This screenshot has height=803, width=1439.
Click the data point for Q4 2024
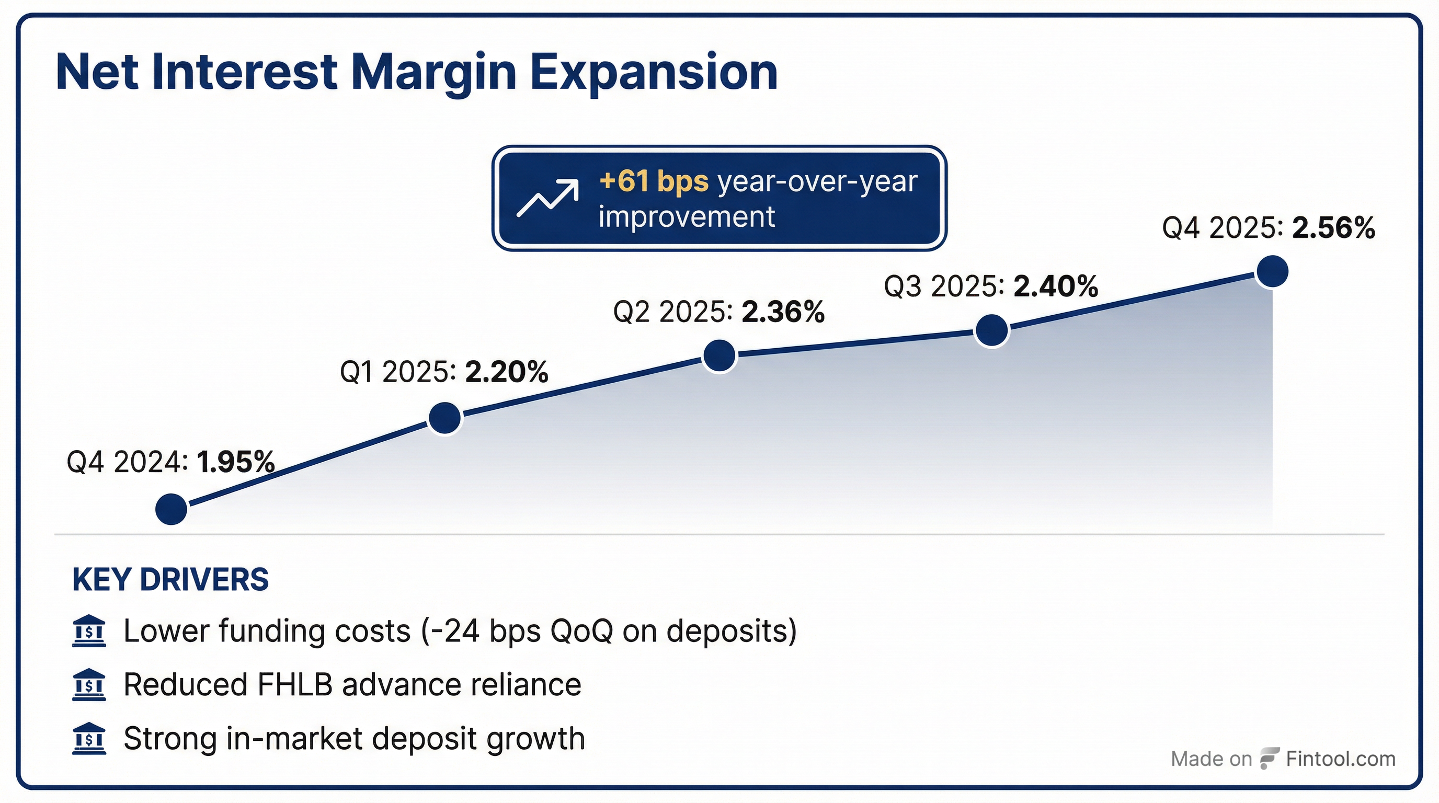coord(171,509)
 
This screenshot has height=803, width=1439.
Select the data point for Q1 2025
coord(444,418)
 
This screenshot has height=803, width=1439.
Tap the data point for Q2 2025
coord(719,355)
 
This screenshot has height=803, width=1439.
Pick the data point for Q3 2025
coord(991,330)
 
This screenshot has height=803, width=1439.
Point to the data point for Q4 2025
coord(1272,272)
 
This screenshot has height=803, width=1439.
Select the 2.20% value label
coord(507,372)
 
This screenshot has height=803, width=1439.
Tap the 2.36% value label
coord(783,312)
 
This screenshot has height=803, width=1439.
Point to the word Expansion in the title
coord(654,73)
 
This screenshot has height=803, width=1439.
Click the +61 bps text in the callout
coord(654,181)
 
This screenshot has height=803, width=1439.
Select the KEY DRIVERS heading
coord(170,579)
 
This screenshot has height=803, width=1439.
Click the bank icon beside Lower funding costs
coord(89,632)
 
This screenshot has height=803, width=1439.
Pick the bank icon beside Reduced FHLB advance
coord(89,685)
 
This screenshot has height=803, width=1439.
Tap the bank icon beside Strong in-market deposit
coord(89,739)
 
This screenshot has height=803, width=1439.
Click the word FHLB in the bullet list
coord(295,685)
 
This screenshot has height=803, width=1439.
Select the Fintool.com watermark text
coord(1341,759)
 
